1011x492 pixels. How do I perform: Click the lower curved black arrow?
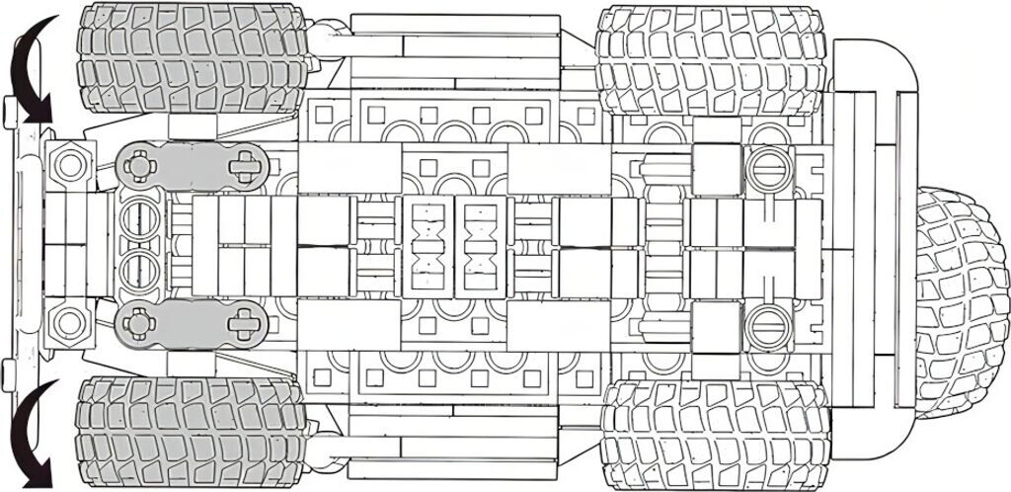30,435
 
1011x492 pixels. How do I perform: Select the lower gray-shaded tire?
190,434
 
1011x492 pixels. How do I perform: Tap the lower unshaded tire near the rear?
713,435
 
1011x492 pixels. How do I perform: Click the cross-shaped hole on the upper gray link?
242,165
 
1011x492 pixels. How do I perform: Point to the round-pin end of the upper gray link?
140,165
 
